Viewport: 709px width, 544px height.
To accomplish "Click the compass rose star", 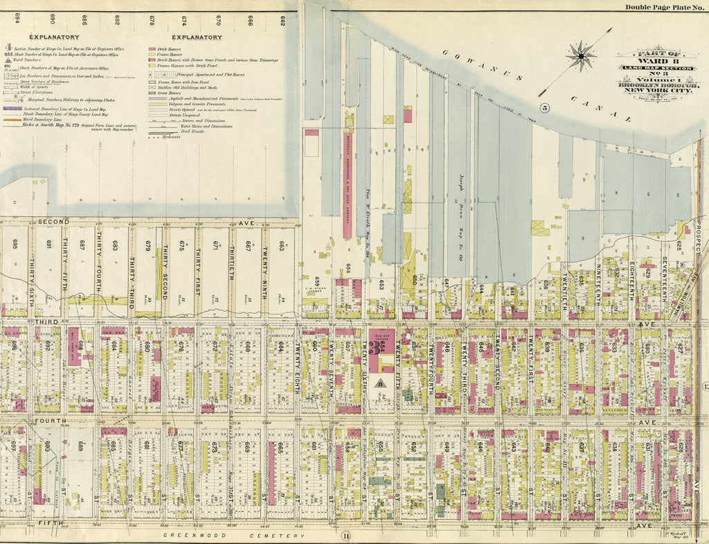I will pyautogui.click(x=580, y=54).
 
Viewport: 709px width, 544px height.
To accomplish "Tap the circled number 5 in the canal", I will pyautogui.click(x=545, y=107).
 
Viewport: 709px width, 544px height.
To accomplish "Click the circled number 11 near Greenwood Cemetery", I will pyautogui.click(x=344, y=533).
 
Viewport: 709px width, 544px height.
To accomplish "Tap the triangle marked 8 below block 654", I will pyautogui.click(x=380, y=382).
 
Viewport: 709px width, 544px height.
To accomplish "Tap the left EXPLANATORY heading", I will pyautogui.click(x=54, y=37).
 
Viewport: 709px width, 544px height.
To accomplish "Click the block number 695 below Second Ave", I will pyautogui.click(x=14, y=244).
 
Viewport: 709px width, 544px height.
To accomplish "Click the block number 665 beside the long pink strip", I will pyautogui.click(x=280, y=448).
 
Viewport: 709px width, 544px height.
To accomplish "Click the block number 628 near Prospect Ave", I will pyautogui.click(x=680, y=437).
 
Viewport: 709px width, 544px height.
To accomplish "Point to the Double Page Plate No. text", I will pyautogui.click(x=663, y=7).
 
